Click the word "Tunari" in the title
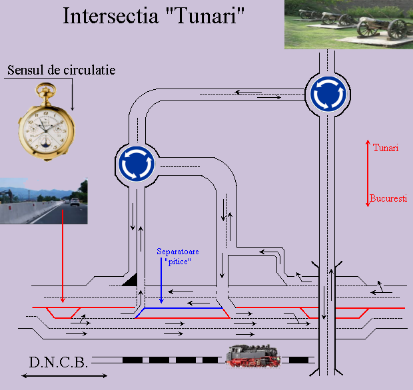206,16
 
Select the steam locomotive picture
253,356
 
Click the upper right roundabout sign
328,94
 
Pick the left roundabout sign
136,164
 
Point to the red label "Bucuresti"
388,198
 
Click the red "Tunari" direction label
386,148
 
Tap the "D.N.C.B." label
58,362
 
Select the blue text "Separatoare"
178,252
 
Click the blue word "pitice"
178,262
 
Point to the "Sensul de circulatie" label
61,70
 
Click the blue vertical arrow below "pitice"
161,281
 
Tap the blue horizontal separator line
184,308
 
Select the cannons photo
348,25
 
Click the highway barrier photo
44,201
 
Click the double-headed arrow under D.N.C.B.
64,376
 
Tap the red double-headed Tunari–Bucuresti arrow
368,173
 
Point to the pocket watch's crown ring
46,88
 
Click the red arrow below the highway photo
63,256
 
